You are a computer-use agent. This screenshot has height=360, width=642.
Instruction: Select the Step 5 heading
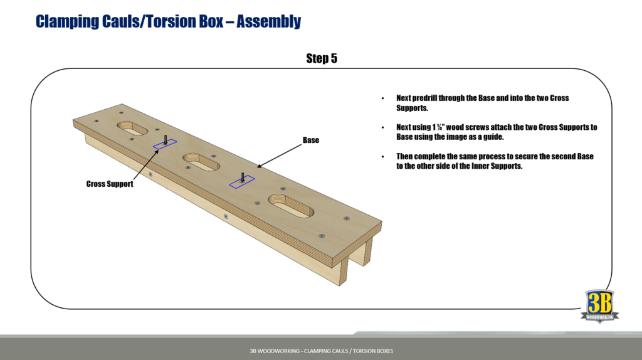pyautogui.click(x=322, y=58)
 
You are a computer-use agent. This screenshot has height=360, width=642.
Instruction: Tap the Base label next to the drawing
pyautogui.click(x=311, y=140)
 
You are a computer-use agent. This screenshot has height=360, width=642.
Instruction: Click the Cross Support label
pyautogui.click(x=110, y=184)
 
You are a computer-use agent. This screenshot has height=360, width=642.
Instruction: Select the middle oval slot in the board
pyautogui.click(x=201, y=162)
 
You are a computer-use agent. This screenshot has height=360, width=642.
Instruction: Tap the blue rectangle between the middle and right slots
pyautogui.click(x=242, y=181)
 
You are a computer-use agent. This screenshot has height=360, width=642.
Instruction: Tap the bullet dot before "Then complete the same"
pyautogui.click(x=383, y=156)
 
